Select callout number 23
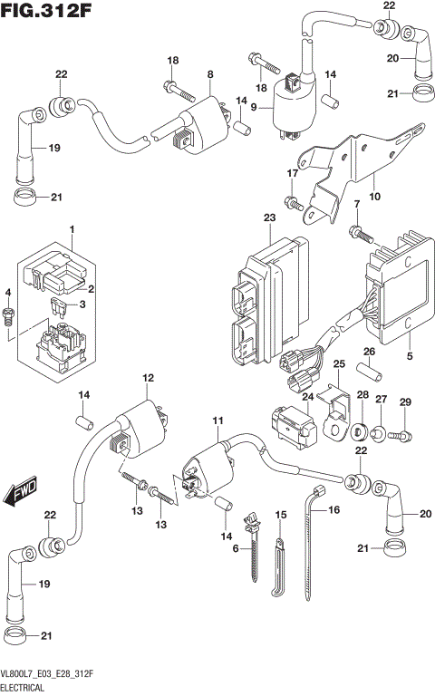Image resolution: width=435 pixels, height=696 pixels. point(268,217)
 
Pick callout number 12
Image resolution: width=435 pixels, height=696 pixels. point(148,378)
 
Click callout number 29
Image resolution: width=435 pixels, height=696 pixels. point(405,401)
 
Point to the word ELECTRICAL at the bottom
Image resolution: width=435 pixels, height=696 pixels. point(29,689)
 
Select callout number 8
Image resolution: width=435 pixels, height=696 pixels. point(209,73)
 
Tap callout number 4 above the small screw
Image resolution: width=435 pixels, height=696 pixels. point(7,293)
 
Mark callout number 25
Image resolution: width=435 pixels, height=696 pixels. point(340,364)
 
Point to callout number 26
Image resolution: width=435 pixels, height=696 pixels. point(369,352)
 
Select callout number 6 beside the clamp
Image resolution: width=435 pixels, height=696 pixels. point(236,549)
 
